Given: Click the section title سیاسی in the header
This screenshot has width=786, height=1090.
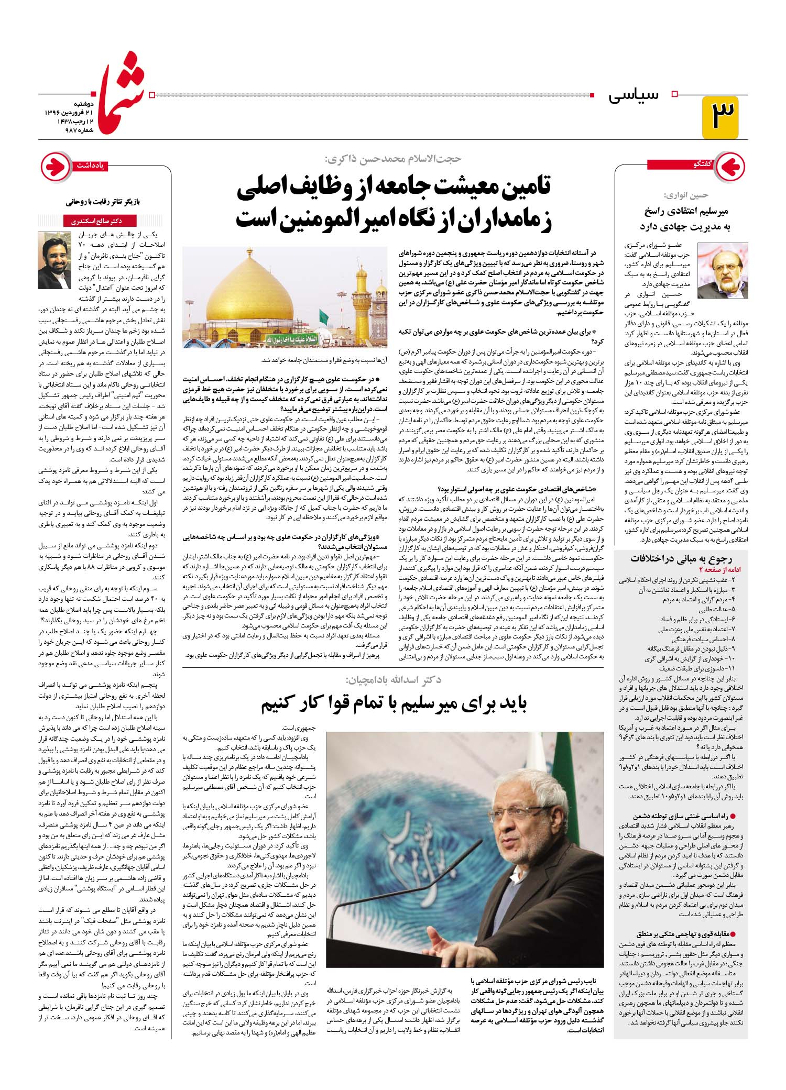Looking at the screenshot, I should point(634,96).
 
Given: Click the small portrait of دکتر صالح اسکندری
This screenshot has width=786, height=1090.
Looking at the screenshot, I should point(54,260).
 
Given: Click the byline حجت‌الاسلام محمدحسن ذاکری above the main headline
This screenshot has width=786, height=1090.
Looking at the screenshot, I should point(392,159).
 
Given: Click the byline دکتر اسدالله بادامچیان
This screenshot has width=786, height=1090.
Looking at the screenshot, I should point(392,680).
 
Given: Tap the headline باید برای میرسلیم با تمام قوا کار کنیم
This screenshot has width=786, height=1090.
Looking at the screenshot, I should point(394,704).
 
